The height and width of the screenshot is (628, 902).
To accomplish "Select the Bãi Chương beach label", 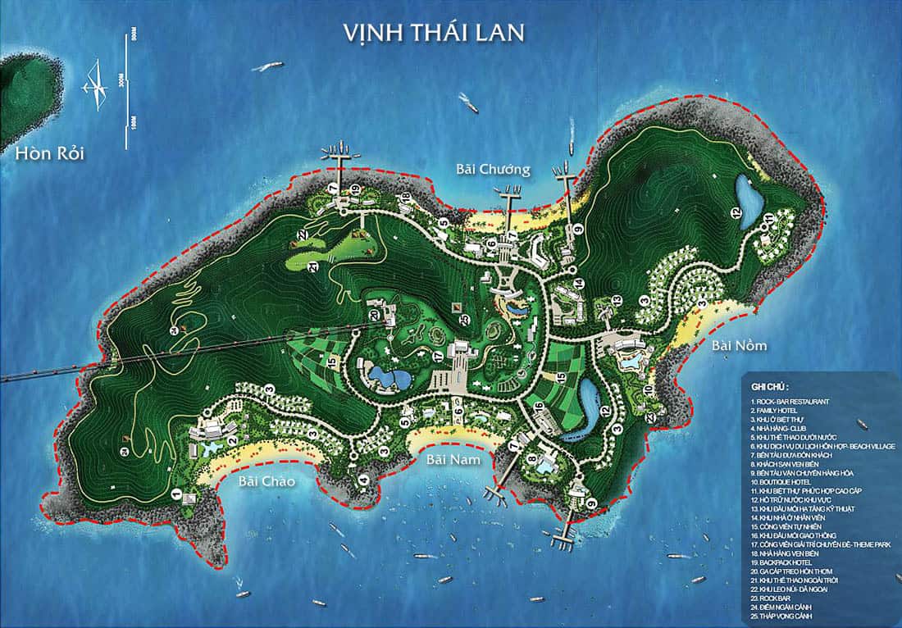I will point(493,170).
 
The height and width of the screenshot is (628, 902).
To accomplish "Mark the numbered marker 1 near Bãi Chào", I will point(175,494).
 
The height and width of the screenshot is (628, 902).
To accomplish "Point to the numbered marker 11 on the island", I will point(768,217).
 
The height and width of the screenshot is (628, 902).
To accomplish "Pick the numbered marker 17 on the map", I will point(439,357).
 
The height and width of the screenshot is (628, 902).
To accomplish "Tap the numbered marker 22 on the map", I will point(302,235).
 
